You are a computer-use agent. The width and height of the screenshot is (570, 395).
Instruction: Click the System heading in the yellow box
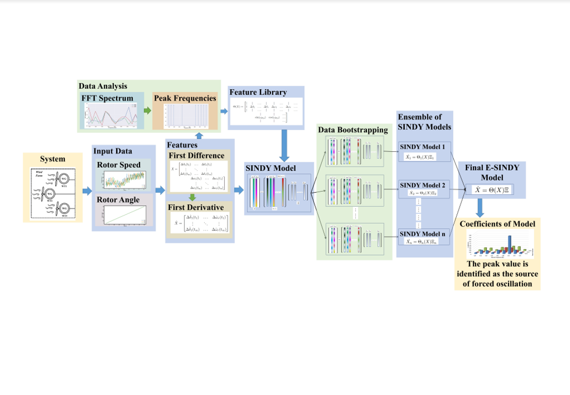(52, 159)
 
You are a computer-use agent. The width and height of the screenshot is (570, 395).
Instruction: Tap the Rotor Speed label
(118, 165)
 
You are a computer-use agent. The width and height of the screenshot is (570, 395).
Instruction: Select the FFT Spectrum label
(107, 98)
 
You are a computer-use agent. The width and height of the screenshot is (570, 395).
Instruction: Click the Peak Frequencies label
(185, 98)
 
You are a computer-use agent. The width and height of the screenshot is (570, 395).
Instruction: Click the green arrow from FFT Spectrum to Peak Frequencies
(147, 110)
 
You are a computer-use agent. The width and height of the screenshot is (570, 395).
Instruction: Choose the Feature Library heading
(258, 92)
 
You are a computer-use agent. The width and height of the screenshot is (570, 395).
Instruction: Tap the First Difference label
(196, 156)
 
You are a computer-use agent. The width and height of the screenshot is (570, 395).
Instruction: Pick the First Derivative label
(196, 207)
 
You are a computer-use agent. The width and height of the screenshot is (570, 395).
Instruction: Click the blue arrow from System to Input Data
(87, 190)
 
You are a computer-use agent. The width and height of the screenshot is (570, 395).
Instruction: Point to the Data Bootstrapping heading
(353, 130)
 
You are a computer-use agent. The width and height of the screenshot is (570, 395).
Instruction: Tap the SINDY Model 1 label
(422, 146)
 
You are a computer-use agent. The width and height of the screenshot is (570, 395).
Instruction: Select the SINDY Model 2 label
(422, 185)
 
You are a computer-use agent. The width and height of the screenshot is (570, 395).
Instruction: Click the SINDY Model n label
(422, 234)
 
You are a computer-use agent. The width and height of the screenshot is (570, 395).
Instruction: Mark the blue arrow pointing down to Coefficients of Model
(480, 207)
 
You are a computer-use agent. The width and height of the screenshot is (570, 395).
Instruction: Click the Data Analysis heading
(103, 85)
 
